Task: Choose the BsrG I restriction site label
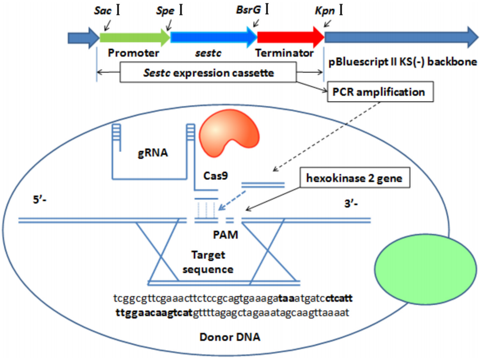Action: click(x=252, y=10)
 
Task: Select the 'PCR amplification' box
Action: click(x=380, y=92)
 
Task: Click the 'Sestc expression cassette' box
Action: click(x=208, y=73)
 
